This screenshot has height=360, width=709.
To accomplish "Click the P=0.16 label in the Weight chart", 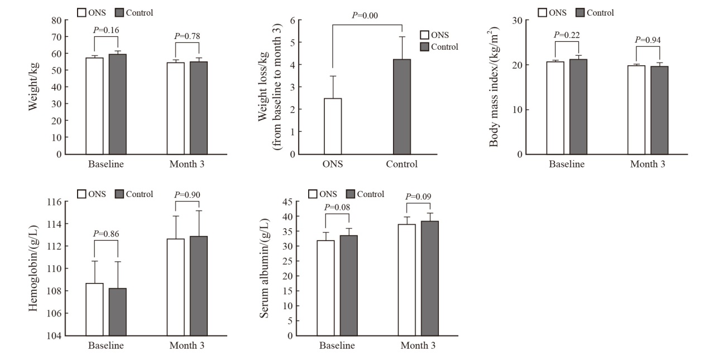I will click(x=106, y=30).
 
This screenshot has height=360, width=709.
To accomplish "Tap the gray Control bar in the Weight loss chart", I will click(x=402, y=107).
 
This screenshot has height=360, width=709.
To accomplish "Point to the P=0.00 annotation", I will click(x=365, y=16).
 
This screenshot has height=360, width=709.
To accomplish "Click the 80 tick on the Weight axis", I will click(x=56, y=21).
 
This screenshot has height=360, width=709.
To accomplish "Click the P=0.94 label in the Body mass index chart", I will click(x=648, y=40).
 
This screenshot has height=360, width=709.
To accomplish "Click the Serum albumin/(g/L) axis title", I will click(x=264, y=268).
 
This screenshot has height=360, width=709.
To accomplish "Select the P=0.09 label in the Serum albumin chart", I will click(x=418, y=196).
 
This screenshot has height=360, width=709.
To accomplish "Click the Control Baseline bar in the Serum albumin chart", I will click(x=348, y=285).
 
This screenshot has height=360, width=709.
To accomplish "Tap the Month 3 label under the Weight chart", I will click(x=187, y=165).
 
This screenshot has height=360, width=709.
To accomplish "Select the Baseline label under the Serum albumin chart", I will click(x=337, y=345).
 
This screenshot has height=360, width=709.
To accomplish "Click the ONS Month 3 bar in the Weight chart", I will click(x=176, y=108).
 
